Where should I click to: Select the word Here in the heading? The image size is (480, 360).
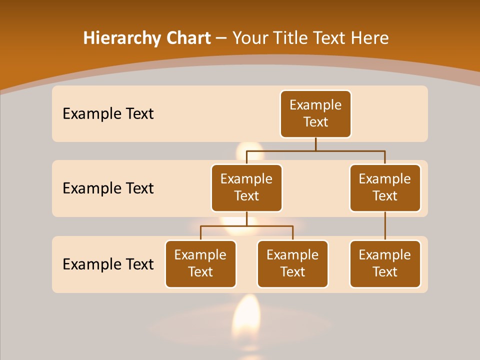pyautogui.click(x=370, y=38)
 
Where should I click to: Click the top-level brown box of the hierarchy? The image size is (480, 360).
pyautogui.click(x=315, y=114)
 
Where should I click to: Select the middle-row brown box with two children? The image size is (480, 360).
pyautogui.click(x=246, y=188)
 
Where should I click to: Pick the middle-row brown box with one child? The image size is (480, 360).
pyautogui.click(x=385, y=188)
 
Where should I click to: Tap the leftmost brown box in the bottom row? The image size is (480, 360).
pyautogui.click(x=200, y=264)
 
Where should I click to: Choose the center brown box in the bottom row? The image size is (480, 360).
pyautogui.click(x=292, y=264)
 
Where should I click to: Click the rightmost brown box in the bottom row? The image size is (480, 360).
pyautogui.click(x=385, y=264)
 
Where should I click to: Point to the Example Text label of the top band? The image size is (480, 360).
pyautogui.click(x=108, y=114)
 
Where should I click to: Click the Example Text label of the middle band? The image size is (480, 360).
pyautogui.click(x=108, y=188)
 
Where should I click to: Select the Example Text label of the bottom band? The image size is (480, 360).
pyautogui.click(x=108, y=264)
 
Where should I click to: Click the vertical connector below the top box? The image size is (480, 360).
pyautogui.click(x=315, y=144)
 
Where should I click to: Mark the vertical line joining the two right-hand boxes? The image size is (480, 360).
pyautogui.click(x=385, y=226)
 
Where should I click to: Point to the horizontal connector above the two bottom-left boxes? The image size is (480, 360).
pyautogui.click(x=246, y=226)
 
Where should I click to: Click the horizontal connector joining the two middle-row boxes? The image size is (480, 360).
pyautogui.click(x=315, y=150)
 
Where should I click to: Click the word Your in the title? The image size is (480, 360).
pyautogui.click(x=250, y=38)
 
